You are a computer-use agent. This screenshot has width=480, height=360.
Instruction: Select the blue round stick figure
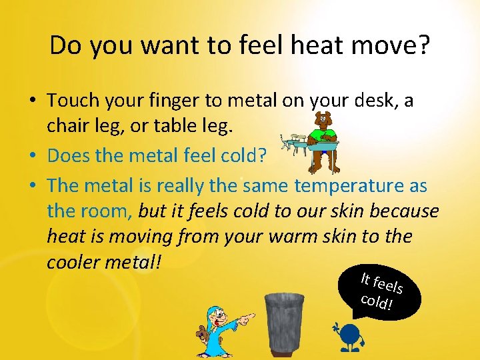pos(349,337)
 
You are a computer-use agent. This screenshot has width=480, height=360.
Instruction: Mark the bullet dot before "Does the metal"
pos(33,157)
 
